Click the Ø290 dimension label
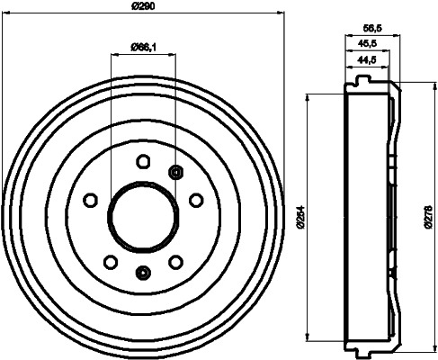(144, 7)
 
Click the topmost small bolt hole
(142, 162)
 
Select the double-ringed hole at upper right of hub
(174, 172)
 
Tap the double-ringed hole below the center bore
(142, 274)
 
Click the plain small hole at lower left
(110, 261)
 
